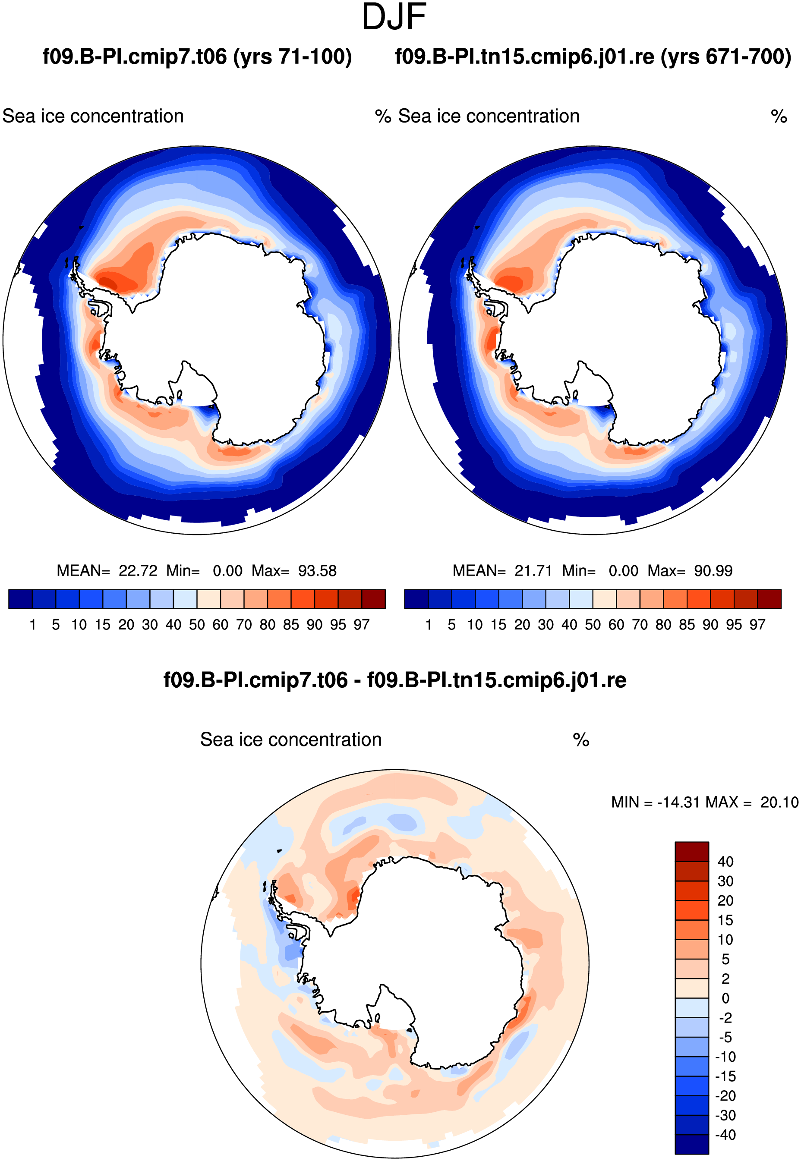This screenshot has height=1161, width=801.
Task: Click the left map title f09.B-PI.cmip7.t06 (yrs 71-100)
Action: pyautogui.click(x=197, y=57)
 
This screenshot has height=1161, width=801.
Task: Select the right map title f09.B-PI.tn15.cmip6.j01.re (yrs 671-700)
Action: pyautogui.click(x=593, y=57)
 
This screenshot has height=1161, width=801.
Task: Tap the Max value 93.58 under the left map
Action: pyautogui.click(x=317, y=571)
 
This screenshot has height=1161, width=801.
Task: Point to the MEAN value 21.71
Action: pyautogui.click(x=533, y=571)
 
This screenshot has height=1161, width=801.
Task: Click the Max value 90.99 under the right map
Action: pyautogui.click(x=713, y=571)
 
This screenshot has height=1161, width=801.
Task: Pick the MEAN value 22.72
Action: pyautogui.click(x=138, y=571)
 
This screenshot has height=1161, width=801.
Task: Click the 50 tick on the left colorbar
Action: pyautogui.click(x=197, y=625)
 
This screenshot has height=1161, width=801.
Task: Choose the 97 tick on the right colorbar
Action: pyautogui.click(x=757, y=625)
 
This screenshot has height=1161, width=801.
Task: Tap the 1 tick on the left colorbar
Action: pyautogui.click(x=33, y=625)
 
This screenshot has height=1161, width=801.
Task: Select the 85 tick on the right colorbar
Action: pyautogui.click(x=687, y=625)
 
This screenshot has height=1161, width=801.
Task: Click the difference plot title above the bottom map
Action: pyautogui.click(x=395, y=680)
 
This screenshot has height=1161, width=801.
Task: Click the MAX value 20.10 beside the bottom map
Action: pyautogui.click(x=779, y=802)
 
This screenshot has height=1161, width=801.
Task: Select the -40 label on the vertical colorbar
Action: pyautogui.click(x=725, y=1135)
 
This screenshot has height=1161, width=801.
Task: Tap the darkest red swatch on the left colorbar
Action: pyautogui.click(x=373, y=599)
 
